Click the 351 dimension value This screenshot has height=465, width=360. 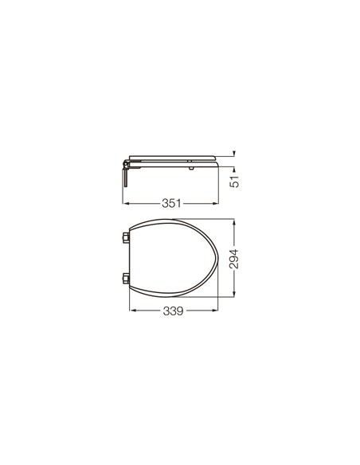pos(171,203)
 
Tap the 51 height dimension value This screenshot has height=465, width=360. pos(234,182)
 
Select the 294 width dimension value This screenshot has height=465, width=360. pos(234,259)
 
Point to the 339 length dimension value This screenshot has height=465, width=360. pos(173,311)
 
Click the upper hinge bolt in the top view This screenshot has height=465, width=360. pos(126,237)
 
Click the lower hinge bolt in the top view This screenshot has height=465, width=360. pos(126,279)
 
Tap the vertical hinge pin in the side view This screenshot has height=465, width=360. pos(126,176)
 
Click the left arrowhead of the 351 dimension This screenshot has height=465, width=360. pos(125,204)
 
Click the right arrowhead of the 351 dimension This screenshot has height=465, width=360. pos(216,204)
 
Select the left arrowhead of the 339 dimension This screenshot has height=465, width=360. pos(133,311)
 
